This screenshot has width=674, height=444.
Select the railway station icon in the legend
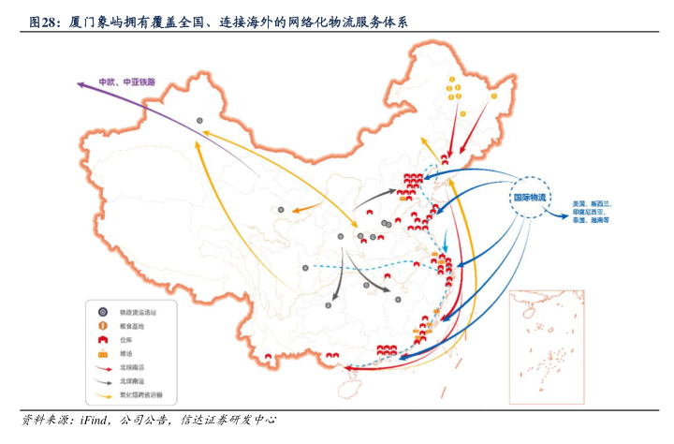tap(102, 310)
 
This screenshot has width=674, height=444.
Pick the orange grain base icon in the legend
tap(102, 324)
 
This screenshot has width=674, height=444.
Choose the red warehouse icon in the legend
tap(102, 339)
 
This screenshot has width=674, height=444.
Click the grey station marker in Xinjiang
tap(199, 119)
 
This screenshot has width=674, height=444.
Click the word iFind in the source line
tap(95, 419)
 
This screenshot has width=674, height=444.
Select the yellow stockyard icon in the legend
tap(102, 354)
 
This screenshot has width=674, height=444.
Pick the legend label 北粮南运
tap(130, 368)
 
